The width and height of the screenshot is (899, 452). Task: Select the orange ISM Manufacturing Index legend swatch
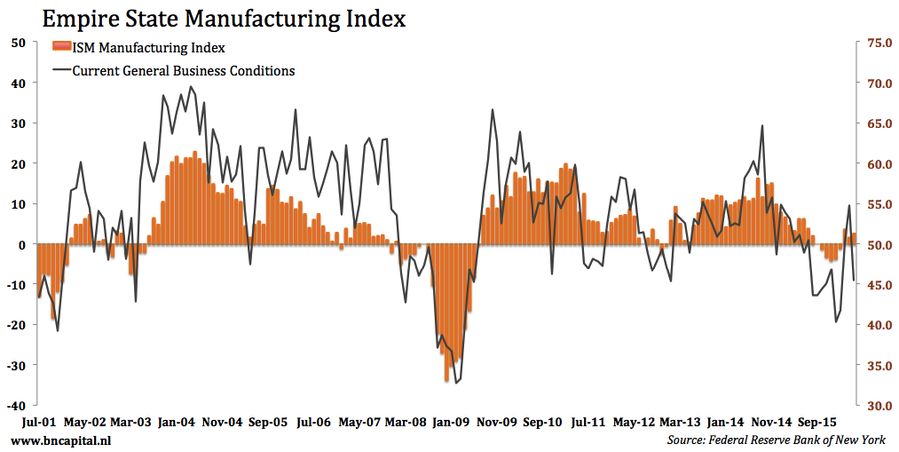pos(61,47)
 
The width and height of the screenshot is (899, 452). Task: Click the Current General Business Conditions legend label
pos(183,70)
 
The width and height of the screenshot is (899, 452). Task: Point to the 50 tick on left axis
pos(18,42)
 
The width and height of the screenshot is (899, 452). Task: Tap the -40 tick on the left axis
pos(15,405)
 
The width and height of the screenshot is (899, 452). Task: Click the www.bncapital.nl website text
pos(61,440)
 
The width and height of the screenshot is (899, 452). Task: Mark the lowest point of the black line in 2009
pos(456,383)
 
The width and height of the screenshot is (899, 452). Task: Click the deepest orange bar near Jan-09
pos(446,381)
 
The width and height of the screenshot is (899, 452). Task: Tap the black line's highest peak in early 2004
pos(193,87)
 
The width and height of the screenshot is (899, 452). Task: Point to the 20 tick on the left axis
pos(18,163)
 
